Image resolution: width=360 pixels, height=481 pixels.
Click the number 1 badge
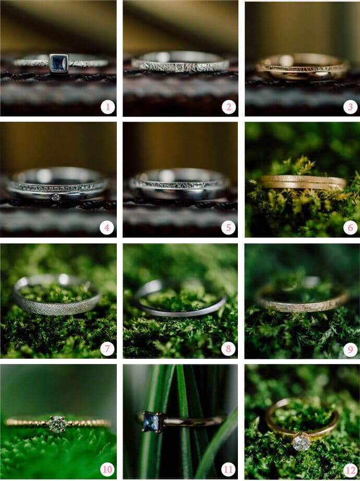point(107,107)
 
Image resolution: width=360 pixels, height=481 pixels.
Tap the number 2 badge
point(229,107)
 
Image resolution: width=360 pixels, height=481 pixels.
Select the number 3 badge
point(351,107)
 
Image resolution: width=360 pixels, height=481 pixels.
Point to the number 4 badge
point(107,228)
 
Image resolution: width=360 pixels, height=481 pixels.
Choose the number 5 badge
point(229,228)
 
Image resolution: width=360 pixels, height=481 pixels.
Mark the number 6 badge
point(351,228)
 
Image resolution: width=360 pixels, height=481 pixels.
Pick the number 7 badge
point(107,348)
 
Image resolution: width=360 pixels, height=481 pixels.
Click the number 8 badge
point(229,348)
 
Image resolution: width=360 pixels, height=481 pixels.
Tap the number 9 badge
point(351,348)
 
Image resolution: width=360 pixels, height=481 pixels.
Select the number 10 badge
point(107,470)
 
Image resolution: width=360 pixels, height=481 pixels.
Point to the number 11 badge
point(229,470)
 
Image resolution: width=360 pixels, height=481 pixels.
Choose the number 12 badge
point(351,470)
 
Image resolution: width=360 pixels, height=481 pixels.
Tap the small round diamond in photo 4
point(55,197)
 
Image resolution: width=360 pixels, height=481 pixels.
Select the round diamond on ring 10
point(57,424)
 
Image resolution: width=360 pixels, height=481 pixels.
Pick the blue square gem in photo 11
point(150,421)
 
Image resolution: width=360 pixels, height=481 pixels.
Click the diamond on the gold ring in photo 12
point(301,443)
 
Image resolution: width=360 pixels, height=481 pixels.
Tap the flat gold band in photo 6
point(303,182)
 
